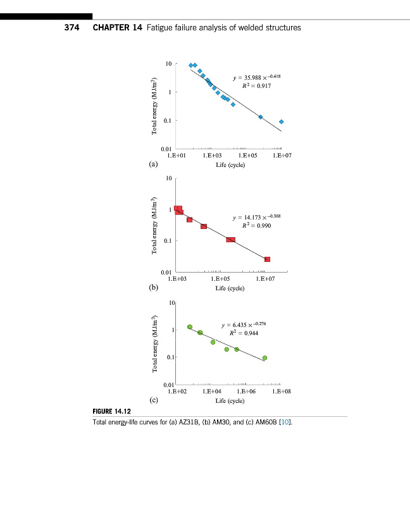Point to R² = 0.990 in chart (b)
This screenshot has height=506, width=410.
[x=257, y=225]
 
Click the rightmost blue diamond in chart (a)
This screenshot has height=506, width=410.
[x=282, y=121]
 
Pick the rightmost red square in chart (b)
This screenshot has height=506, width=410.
[x=268, y=259]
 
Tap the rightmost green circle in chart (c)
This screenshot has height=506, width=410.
[x=264, y=358]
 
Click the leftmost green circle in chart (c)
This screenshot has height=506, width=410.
[x=190, y=327]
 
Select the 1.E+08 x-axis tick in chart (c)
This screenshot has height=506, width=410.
[x=281, y=392]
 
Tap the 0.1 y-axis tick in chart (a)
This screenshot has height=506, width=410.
[x=166, y=121]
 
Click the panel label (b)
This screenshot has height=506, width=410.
[x=153, y=288]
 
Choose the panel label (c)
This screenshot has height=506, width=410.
[x=153, y=400]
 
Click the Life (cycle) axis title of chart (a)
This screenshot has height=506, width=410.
[x=230, y=164]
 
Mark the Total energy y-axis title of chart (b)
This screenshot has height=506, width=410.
[x=154, y=226]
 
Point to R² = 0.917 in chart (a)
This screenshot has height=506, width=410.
[x=257, y=85]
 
